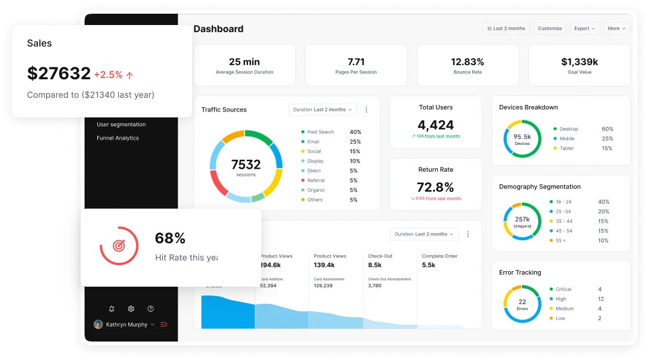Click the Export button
(x=584, y=29)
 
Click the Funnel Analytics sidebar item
(x=117, y=138)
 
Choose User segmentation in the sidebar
(x=121, y=125)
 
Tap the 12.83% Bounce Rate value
(x=468, y=62)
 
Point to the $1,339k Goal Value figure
(x=579, y=62)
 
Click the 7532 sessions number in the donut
(x=246, y=165)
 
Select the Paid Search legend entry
(x=320, y=132)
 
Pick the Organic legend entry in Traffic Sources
(x=316, y=190)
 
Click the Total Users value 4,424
(x=435, y=125)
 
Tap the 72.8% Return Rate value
(x=435, y=187)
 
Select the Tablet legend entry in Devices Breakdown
(x=567, y=148)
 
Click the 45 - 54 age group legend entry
(x=564, y=231)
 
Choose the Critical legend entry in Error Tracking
(x=563, y=290)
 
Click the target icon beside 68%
(x=119, y=246)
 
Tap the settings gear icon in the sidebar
(x=131, y=309)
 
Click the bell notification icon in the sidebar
(x=112, y=309)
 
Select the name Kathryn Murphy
(x=126, y=325)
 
